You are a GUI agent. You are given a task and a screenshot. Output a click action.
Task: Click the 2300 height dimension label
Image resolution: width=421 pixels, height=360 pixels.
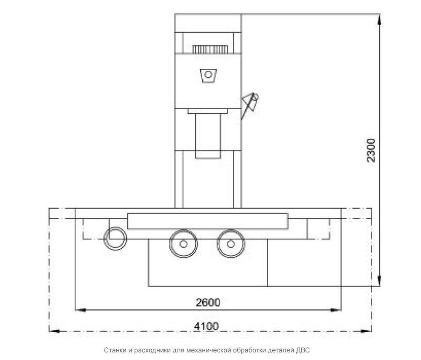371,150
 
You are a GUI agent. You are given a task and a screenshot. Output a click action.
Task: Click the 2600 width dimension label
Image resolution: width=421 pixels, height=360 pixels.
208,303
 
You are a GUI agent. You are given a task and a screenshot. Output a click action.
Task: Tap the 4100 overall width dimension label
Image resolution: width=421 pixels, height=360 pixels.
206,326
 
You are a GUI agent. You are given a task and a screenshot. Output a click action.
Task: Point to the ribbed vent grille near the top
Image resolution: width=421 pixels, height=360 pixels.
210,49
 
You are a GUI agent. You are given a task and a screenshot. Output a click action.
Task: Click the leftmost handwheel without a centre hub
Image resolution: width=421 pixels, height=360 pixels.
115,238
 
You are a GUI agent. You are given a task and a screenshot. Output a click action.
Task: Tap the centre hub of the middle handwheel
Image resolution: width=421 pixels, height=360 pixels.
183,244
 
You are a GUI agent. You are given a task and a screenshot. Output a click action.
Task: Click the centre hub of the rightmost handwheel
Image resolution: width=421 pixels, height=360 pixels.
231,244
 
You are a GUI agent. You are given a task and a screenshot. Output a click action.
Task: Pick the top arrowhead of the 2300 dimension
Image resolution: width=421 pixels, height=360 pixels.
379,20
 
